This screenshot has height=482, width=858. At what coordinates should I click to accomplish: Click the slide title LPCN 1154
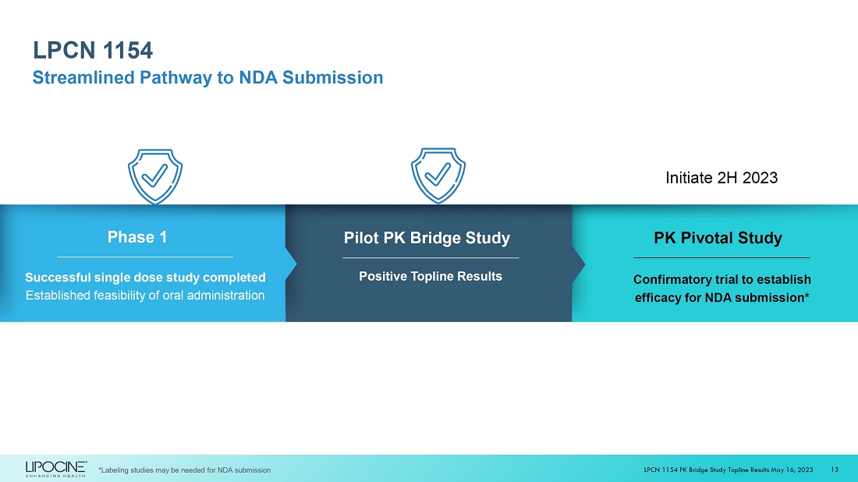(93, 51)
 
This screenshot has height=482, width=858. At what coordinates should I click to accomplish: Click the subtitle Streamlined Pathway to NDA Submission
(207, 78)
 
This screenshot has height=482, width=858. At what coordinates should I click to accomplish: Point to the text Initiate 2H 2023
(721, 178)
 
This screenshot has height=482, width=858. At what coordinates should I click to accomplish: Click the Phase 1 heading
(137, 237)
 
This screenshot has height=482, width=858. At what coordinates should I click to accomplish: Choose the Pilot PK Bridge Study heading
(427, 238)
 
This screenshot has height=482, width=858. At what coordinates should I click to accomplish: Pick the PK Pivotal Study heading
(718, 238)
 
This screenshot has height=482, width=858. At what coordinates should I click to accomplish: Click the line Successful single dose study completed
(145, 278)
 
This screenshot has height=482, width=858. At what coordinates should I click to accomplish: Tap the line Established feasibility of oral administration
(145, 296)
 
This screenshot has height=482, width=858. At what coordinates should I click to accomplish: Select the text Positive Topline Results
(431, 277)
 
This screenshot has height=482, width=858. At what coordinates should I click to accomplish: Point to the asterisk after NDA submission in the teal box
(807, 296)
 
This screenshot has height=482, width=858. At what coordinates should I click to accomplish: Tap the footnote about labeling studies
(185, 470)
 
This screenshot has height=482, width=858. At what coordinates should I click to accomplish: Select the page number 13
(835, 469)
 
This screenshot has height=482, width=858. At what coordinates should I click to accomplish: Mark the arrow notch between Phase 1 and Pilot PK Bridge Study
(292, 264)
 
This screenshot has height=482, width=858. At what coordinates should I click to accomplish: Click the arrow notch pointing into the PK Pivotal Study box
(580, 264)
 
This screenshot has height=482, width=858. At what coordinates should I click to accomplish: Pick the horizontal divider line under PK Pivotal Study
(721, 257)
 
